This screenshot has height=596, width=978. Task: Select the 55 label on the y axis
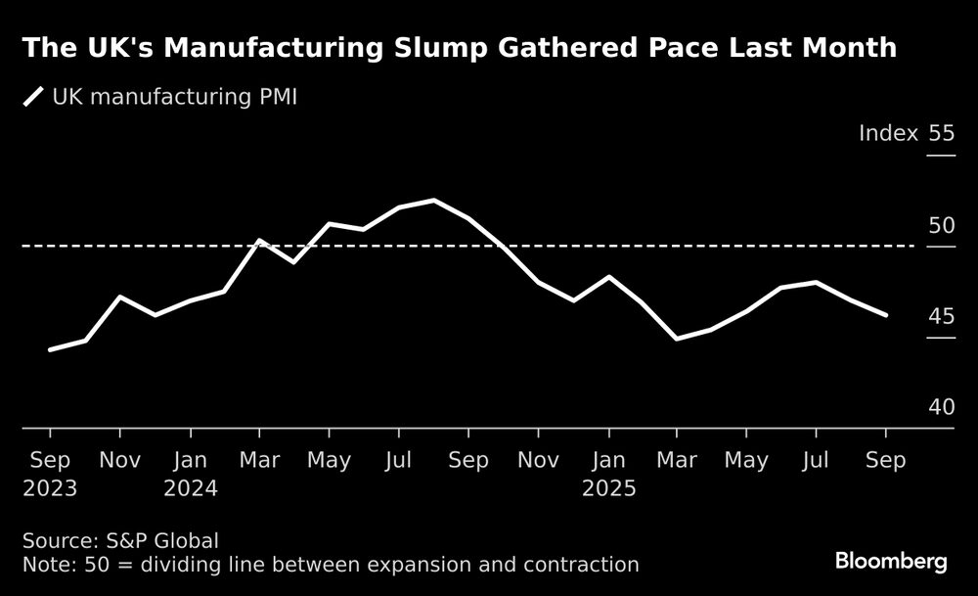941,134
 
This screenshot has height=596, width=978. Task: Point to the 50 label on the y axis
941,226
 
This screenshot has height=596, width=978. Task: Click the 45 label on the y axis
941,317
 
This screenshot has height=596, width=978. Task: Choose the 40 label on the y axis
941,407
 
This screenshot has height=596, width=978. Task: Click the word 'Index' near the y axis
888,134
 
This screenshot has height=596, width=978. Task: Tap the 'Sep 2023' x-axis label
50,474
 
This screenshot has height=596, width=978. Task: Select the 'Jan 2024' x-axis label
190,474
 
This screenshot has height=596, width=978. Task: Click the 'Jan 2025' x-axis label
608,474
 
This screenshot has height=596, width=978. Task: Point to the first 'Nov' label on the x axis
119,460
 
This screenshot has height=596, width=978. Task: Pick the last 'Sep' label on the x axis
885,460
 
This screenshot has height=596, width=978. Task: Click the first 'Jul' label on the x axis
398,460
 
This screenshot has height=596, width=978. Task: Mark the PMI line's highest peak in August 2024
433,201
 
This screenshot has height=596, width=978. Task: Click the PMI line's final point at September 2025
885,315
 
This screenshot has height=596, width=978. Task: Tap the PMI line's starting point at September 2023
51,349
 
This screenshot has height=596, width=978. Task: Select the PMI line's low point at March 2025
677,339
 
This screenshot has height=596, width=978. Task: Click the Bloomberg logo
890,561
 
